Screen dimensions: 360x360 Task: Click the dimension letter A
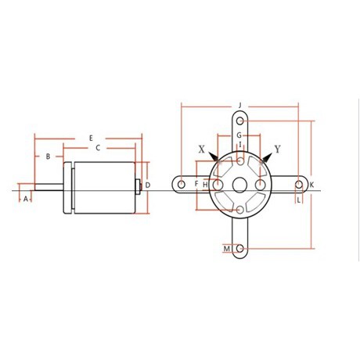tap(26, 199)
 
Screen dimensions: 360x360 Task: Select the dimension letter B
tap(48, 157)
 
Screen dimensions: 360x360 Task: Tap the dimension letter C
tap(98, 148)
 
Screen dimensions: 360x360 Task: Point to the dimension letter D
tap(148, 185)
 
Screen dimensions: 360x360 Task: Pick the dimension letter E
tap(91, 139)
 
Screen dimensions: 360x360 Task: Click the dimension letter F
tap(196, 184)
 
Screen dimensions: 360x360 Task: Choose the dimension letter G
tap(239, 135)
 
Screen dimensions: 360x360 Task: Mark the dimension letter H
tap(205, 185)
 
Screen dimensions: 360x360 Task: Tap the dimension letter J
tap(240, 106)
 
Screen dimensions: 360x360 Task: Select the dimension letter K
tap(311, 185)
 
